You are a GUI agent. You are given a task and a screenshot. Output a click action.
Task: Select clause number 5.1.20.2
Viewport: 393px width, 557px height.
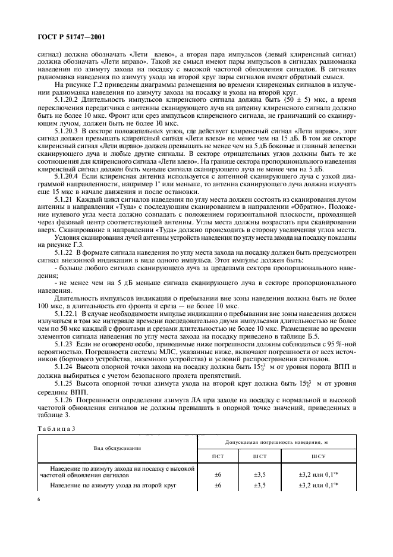pos(68,99)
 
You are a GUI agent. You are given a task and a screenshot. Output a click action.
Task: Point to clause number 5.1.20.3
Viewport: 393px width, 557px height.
pos(68,129)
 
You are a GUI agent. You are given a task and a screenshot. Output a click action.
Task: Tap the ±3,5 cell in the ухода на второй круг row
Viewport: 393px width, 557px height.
pos(260,486)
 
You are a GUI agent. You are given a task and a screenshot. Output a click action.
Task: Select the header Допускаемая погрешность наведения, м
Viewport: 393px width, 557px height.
pos(278,442)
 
